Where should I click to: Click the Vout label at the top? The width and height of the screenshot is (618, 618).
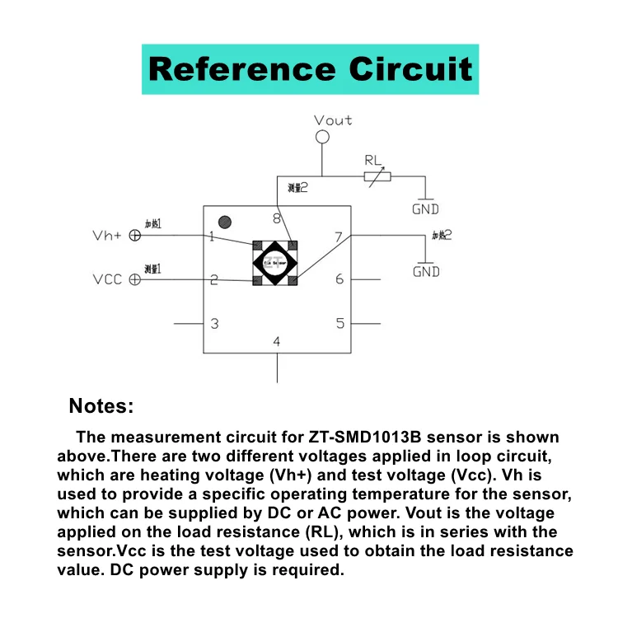click(x=333, y=120)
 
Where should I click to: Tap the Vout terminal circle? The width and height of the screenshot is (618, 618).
click(x=322, y=137)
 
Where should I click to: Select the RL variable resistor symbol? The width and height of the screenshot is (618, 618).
click(x=378, y=176)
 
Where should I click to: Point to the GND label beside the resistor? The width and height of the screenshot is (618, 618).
click(x=426, y=209)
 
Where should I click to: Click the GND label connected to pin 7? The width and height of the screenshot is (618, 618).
click(x=426, y=271)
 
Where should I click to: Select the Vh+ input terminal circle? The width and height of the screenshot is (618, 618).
click(x=135, y=235)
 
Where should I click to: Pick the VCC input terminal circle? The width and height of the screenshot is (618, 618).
click(x=135, y=280)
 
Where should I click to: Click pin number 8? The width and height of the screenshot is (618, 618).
click(x=277, y=218)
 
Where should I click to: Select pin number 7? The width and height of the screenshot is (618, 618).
click(x=338, y=237)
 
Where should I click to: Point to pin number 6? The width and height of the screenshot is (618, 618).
click(x=339, y=279)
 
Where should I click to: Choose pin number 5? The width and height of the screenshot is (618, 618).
click(x=339, y=323)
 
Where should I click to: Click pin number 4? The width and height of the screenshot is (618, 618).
click(x=277, y=341)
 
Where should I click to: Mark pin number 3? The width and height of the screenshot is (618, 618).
click(x=214, y=323)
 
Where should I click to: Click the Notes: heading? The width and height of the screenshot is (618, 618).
click(x=101, y=405)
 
